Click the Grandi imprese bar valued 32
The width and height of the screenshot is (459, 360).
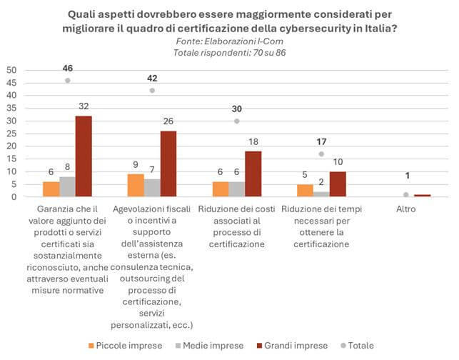(x=84, y=156)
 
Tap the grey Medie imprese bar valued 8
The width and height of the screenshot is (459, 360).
(x=68, y=187)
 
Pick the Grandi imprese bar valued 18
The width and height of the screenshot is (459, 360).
(x=253, y=174)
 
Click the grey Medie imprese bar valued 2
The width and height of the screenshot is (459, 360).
(x=321, y=194)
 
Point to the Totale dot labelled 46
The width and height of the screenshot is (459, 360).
(x=68, y=81)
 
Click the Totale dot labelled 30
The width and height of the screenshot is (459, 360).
(x=236, y=121)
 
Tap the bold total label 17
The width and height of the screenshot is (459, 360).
(x=321, y=141)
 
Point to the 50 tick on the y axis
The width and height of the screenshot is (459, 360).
(x=11, y=70)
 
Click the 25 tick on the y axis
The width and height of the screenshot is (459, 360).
(x=11, y=134)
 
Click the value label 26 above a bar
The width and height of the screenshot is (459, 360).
(x=169, y=122)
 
